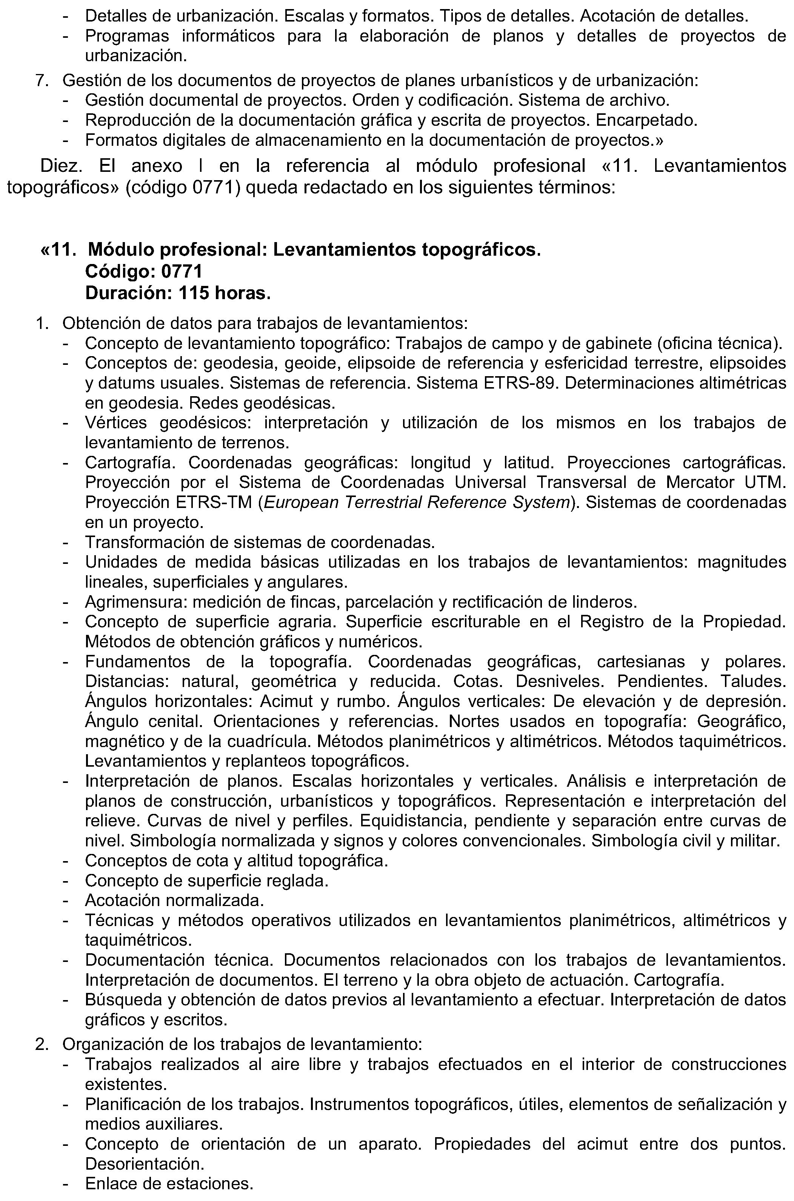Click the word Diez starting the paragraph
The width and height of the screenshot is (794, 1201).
[x=59, y=166]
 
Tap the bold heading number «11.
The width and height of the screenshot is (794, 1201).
[x=59, y=250]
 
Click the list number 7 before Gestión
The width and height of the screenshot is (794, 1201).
[x=41, y=80]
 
